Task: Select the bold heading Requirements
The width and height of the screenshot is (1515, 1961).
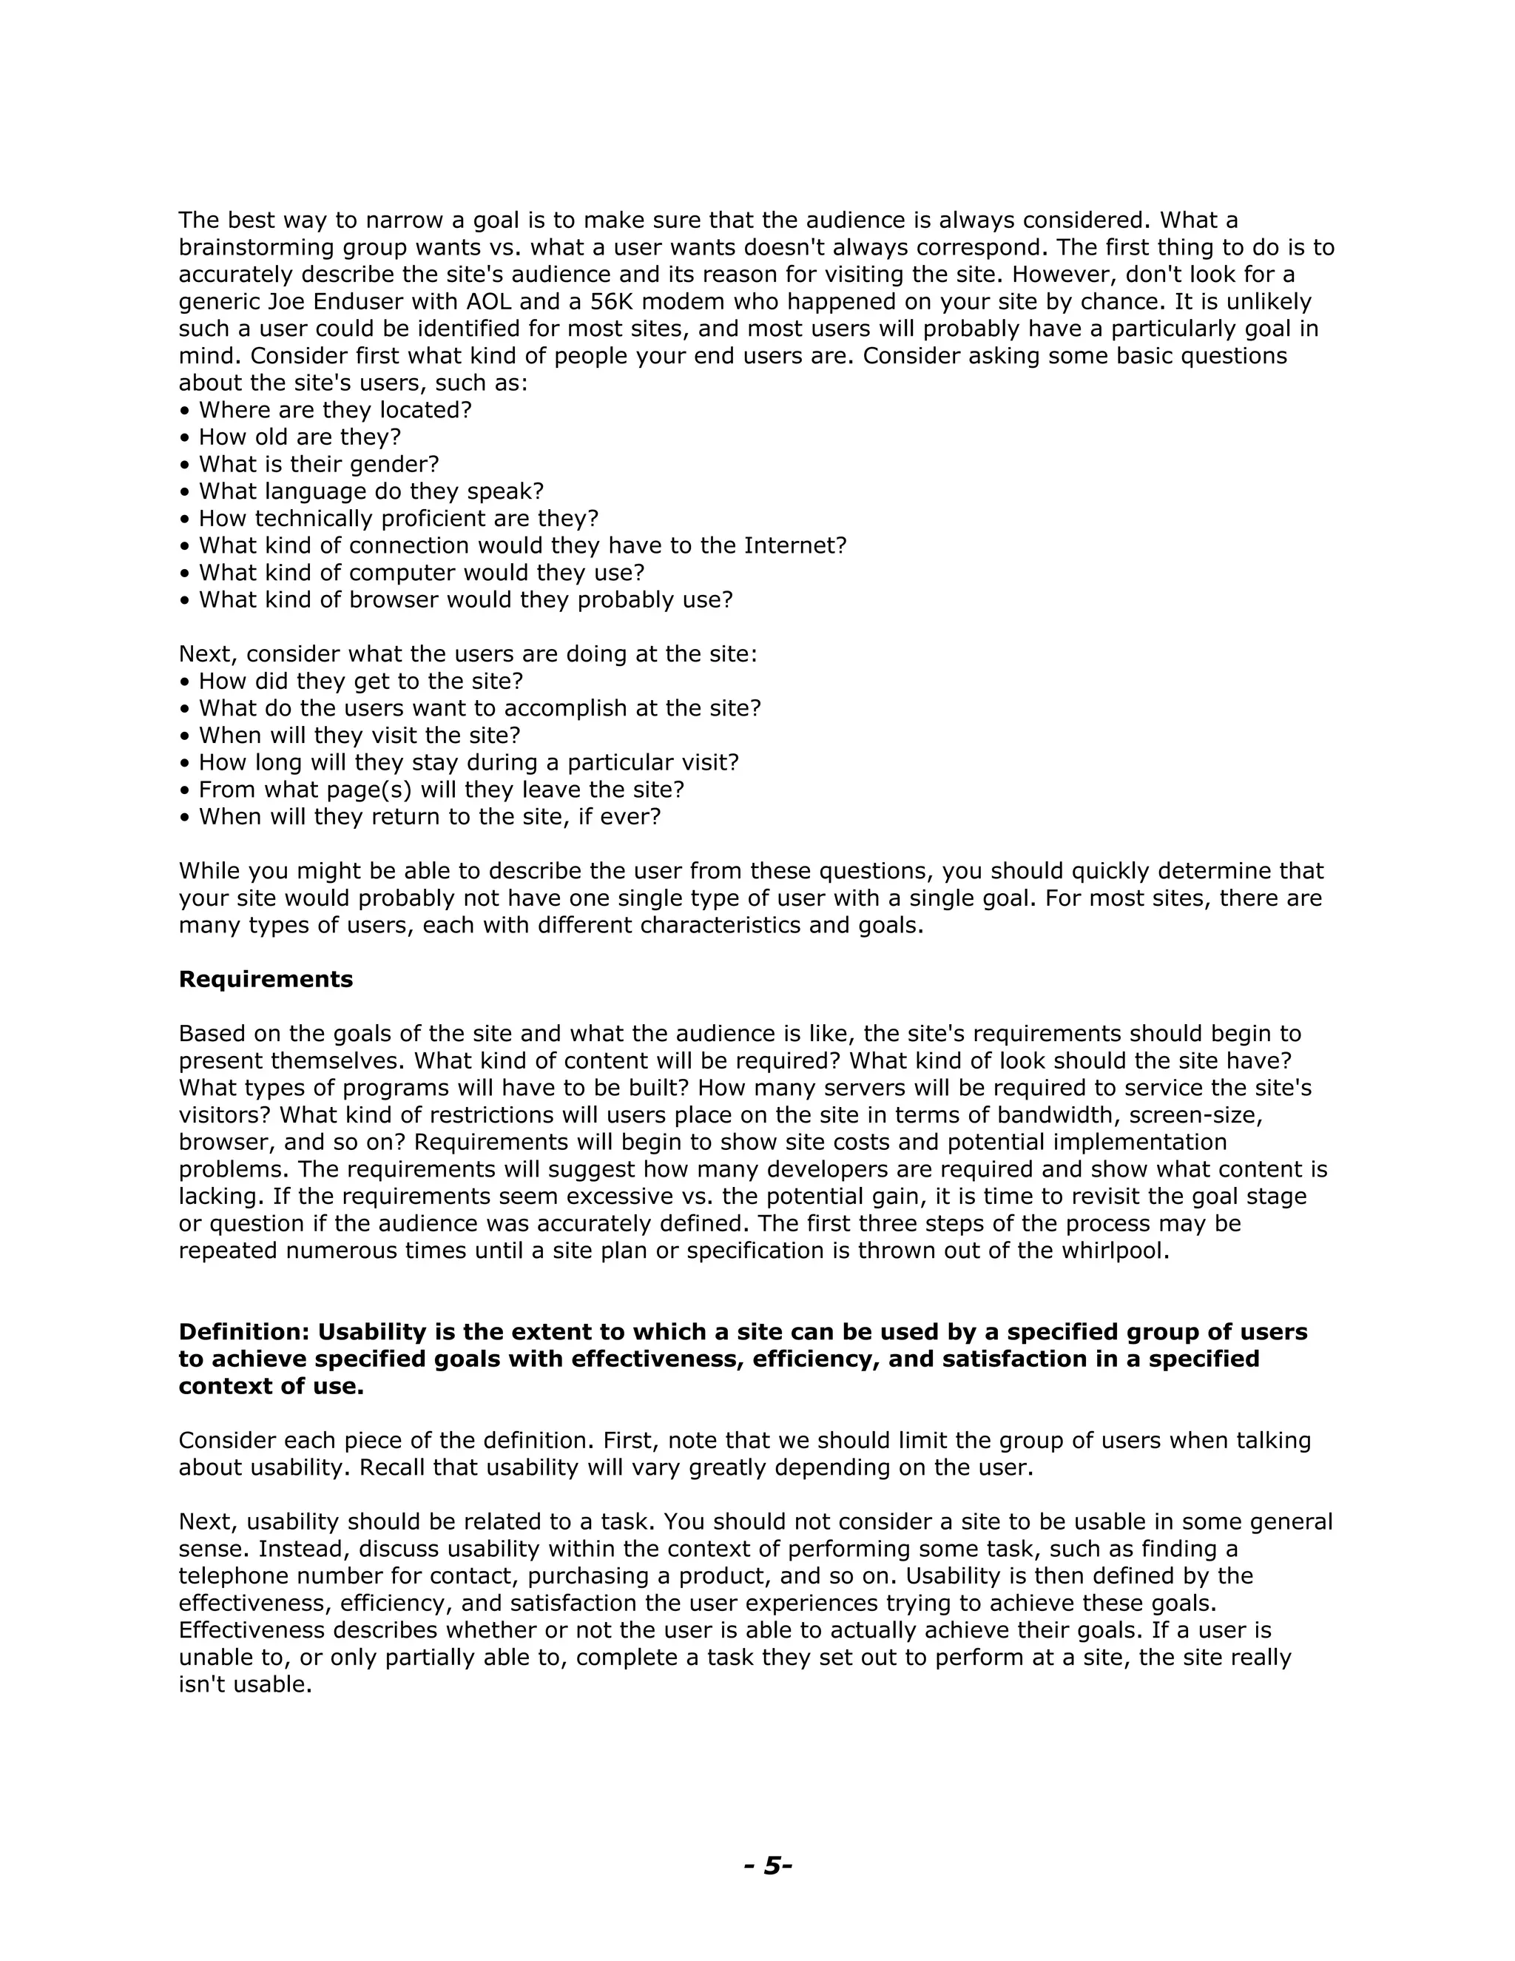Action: [x=266, y=980]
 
